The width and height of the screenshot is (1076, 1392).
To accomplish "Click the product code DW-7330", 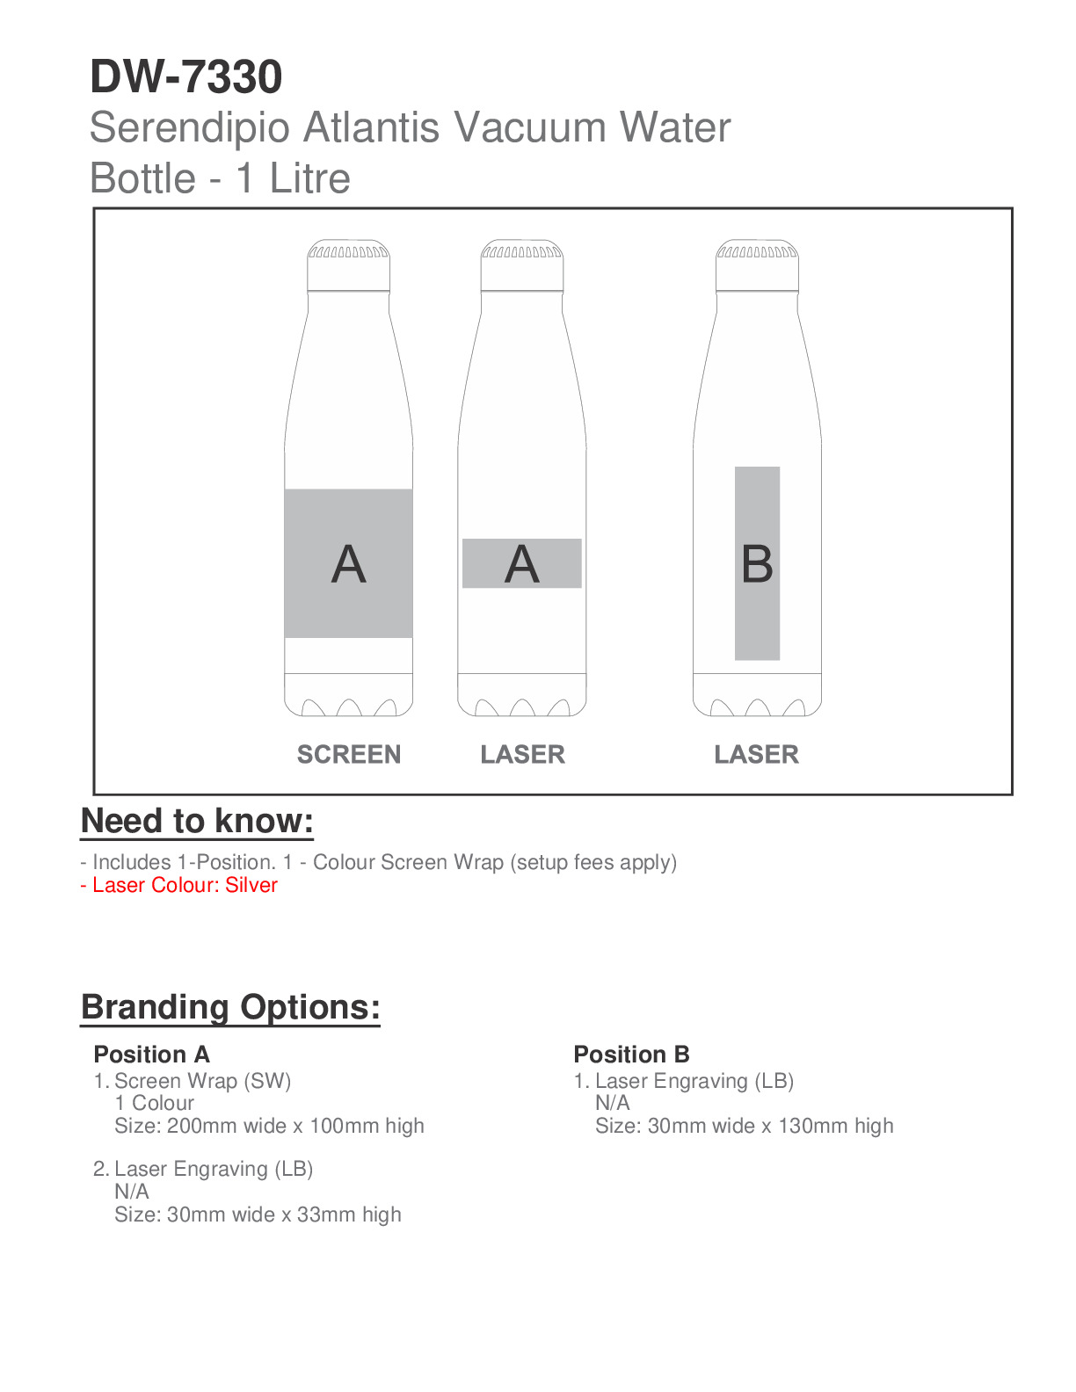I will coord(185,77).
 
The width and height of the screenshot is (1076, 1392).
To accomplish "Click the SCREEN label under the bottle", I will coord(348,754).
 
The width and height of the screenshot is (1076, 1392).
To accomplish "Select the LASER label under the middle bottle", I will coord(522,754).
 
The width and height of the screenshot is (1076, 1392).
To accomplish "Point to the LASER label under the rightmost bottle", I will coord(756,754).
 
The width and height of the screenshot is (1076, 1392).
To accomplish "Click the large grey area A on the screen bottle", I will coord(348,563).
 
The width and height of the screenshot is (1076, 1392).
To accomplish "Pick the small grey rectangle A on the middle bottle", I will coord(522,563).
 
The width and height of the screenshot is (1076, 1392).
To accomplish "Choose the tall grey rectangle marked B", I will coord(757,563).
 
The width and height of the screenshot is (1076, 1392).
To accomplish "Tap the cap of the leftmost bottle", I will coord(348,265).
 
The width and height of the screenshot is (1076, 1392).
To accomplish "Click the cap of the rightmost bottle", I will coord(757,265).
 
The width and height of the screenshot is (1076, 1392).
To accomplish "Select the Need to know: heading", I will coord(197,821).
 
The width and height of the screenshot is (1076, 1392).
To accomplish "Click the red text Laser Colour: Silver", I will coord(179,885).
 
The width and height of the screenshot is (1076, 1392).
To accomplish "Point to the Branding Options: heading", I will coord(230,1007).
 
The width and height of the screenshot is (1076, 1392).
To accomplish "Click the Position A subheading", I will coord(151,1055).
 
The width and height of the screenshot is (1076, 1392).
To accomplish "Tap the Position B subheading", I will coord(631,1055).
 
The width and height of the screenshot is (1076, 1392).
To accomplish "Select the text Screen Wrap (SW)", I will coord(202,1081).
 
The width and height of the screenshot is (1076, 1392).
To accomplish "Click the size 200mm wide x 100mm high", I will coord(269,1126).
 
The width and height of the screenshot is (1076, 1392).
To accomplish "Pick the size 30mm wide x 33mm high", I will coord(258,1214).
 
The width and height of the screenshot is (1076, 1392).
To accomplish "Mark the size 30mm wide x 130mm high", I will coord(744,1126).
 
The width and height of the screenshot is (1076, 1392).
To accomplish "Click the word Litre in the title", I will coord(309,178).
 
